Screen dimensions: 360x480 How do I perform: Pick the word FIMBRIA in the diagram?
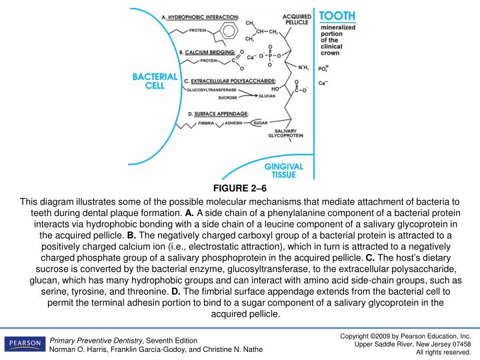pyautogui.click(x=206, y=123)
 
